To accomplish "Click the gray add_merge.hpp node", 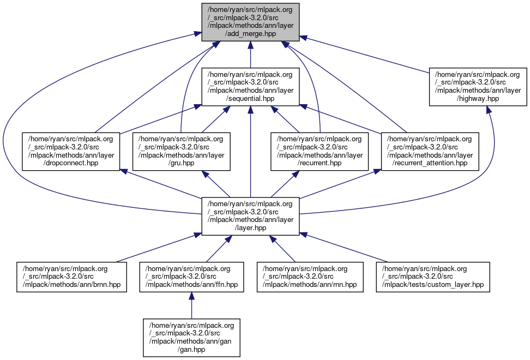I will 250,22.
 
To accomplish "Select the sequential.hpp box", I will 250,87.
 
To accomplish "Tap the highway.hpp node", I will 478,87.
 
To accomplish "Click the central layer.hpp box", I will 250,217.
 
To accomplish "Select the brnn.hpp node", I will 72,277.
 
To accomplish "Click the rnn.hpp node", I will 310,277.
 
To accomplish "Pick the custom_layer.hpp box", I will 433,277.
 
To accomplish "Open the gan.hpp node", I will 191,338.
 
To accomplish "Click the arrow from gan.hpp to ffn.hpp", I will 191,305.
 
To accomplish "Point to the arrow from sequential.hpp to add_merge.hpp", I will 250,55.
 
